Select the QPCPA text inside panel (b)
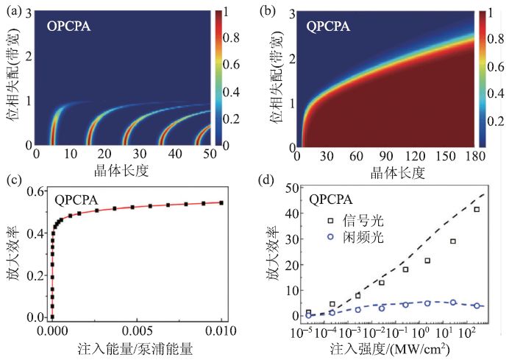pos(325,29)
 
